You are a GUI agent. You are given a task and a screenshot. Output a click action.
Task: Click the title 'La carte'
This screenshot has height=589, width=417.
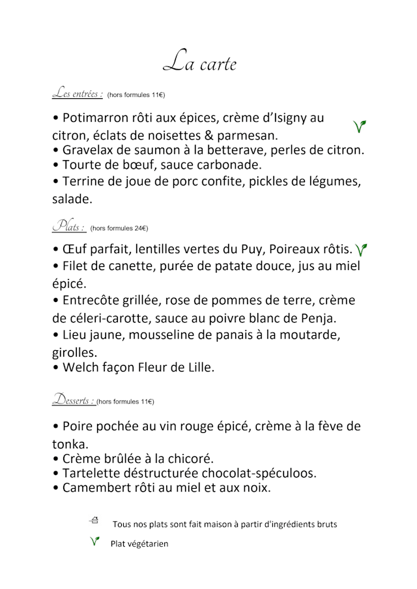pyautogui.click(x=199, y=62)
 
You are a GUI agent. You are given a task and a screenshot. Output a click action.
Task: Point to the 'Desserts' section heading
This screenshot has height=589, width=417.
pyautogui.click(x=74, y=400)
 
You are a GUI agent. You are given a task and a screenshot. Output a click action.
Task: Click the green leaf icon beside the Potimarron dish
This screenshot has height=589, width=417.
pyautogui.click(x=359, y=126)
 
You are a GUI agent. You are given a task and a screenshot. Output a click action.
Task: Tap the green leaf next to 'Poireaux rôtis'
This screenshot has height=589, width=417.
pyautogui.click(x=362, y=249)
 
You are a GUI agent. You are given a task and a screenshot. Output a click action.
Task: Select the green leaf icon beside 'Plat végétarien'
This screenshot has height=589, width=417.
pyautogui.click(x=95, y=541)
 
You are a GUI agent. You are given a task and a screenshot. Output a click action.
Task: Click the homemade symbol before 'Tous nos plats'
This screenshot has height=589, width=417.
pyautogui.click(x=94, y=520)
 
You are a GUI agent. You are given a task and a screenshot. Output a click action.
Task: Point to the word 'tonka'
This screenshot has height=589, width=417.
pyautogui.click(x=68, y=445)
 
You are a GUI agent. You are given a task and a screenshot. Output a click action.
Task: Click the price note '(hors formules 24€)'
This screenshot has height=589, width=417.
pyautogui.click(x=119, y=228)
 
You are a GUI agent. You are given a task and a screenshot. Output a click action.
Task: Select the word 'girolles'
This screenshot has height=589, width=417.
pyautogui.click(x=74, y=353)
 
